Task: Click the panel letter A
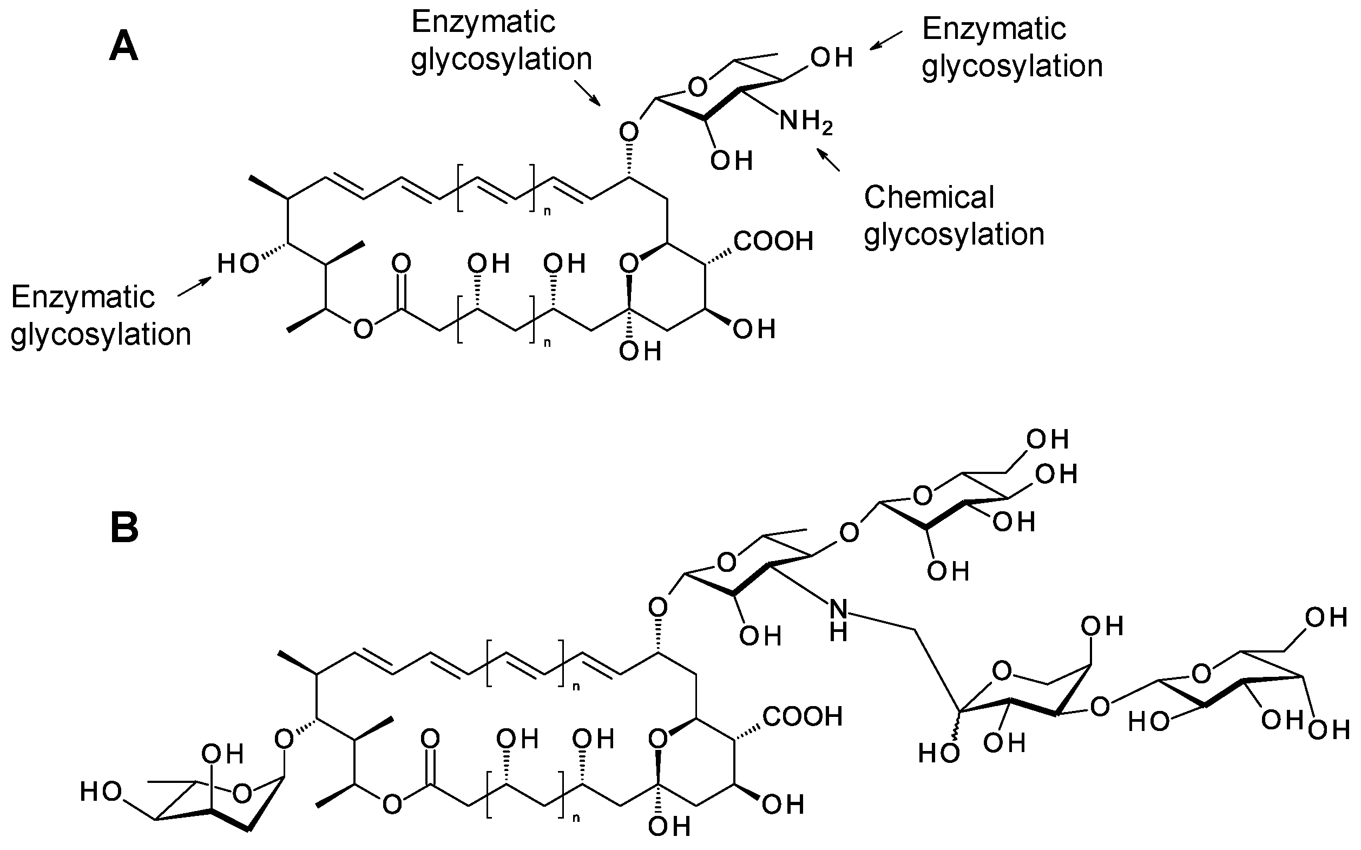[x=124, y=47]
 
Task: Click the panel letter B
[x=124, y=530]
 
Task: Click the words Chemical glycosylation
[x=954, y=216]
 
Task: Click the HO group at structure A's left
[x=238, y=263]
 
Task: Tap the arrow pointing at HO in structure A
[x=194, y=286]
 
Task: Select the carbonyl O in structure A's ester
[x=402, y=263]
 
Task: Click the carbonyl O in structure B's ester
[x=430, y=739]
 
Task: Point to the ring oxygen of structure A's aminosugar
[x=698, y=88]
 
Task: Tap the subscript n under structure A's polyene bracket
[x=547, y=212]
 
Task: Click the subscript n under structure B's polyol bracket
[x=575, y=818]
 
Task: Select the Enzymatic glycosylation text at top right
[x=1011, y=47]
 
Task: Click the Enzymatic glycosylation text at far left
[x=101, y=316]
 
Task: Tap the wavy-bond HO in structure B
[x=938, y=754]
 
